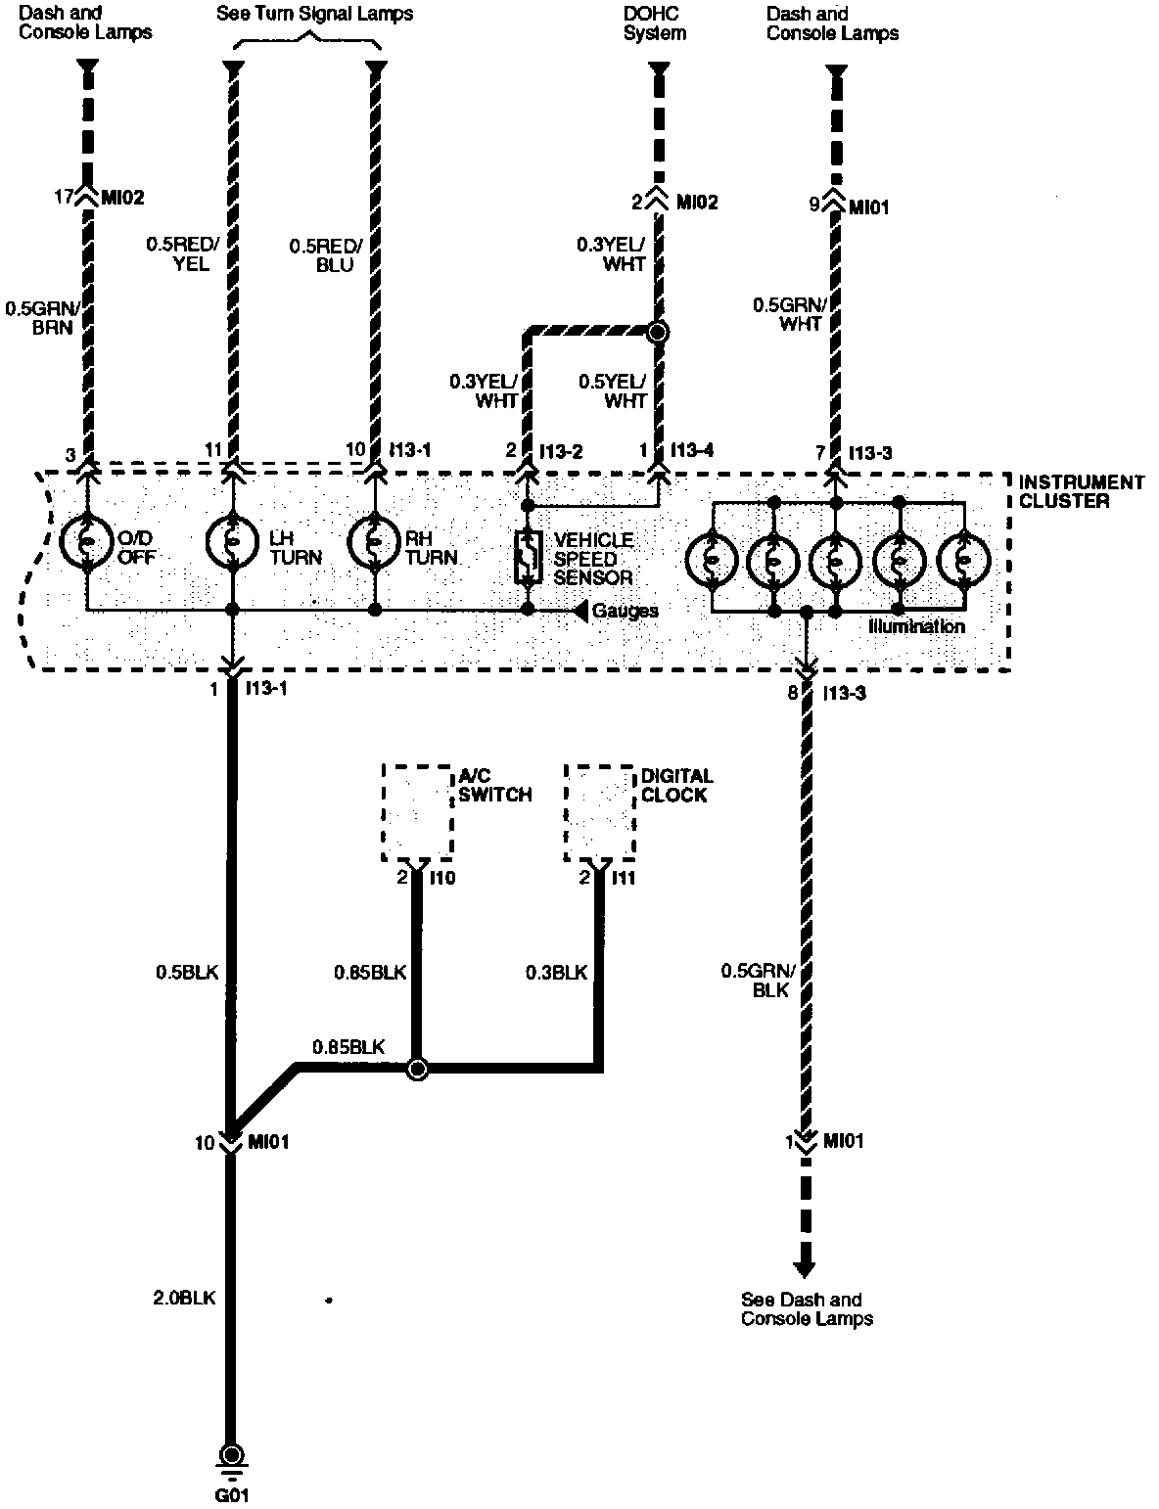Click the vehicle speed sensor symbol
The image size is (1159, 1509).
point(529,558)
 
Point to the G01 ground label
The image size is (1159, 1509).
point(233,1494)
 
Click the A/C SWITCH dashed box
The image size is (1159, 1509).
point(417,812)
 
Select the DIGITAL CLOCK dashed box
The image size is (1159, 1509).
point(599,812)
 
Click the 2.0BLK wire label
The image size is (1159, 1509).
point(184,1298)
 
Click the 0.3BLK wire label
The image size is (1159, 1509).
point(556,972)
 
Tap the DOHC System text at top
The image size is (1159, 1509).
point(655,23)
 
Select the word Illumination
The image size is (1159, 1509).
point(916,626)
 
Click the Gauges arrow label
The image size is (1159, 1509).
point(625,611)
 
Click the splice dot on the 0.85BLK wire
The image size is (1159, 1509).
point(417,1069)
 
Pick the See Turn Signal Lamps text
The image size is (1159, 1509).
point(314,14)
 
